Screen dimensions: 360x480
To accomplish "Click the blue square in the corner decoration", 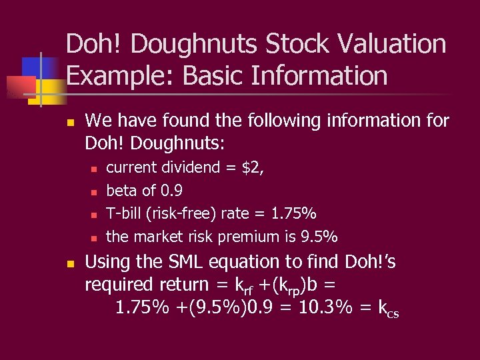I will click(33, 67).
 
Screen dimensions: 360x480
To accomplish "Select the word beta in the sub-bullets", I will click(123, 191).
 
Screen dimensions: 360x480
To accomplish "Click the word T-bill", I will click(125, 213).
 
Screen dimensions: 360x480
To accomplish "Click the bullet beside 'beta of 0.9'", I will click(93, 192).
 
